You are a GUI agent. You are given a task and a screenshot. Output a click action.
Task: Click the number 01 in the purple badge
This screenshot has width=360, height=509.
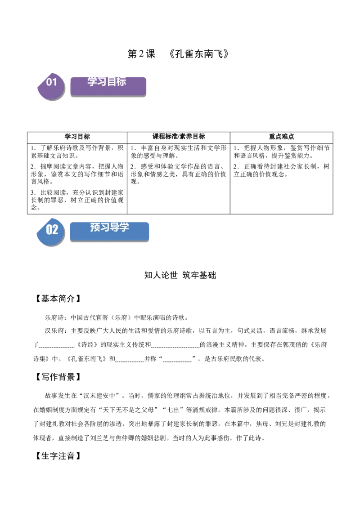[x=52, y=82]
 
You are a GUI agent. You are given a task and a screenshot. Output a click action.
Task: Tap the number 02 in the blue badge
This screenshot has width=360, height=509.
[x=52, y=230]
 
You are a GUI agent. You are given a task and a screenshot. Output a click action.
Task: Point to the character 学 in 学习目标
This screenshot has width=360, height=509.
[x=92, y=81]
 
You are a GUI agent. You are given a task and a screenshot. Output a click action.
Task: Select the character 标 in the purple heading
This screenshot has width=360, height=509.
[x=121, y=81]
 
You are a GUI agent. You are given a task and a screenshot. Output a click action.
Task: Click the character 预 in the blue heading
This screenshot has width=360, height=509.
[x=95, y=228]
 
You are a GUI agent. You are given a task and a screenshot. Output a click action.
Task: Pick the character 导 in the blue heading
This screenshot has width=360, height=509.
[x=114, y=228]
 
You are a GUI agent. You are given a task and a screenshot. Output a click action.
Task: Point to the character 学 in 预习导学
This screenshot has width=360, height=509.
[x=124, y=228]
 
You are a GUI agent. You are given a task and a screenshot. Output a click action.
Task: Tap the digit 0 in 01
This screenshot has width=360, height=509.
[x=49, y=82]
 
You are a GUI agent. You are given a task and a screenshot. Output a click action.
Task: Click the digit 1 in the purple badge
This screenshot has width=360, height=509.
[x=55, y=82]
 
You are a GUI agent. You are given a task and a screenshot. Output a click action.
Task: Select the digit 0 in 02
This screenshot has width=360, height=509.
[x=49, y=230]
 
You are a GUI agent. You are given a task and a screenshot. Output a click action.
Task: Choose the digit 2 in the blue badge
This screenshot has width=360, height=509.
[x=55, y=230]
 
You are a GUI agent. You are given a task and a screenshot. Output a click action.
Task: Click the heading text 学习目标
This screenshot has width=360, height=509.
[x=107, y=81]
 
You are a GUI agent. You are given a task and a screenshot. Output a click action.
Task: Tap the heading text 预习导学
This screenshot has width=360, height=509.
[x=109, y=228]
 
